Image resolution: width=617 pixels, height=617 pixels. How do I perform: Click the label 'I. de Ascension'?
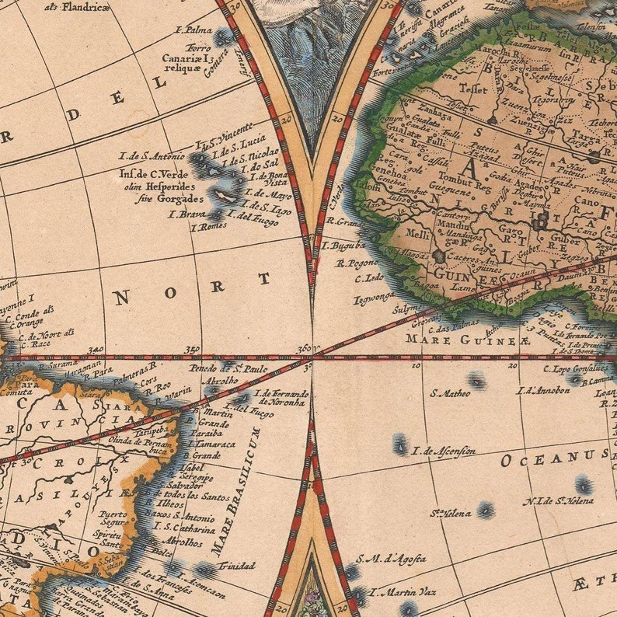[x=444, y=451]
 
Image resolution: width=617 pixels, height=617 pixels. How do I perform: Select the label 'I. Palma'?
[x=194, y=30]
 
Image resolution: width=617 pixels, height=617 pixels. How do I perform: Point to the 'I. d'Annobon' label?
[x=543, y=391]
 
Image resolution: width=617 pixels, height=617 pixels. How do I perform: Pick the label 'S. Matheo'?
[x=450, y=393]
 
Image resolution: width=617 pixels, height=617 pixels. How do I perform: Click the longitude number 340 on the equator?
[x=97, y=351]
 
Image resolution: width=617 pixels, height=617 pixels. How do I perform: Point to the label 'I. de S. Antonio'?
[x=152, y=155]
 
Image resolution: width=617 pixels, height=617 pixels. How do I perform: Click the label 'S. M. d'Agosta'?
[x=391, y=559]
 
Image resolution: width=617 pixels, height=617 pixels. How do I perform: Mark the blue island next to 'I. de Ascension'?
[x=400, y=445]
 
